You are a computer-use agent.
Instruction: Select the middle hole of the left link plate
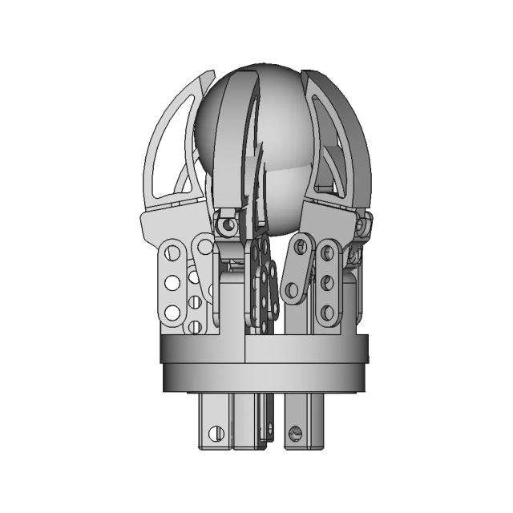click(x=172, y=283)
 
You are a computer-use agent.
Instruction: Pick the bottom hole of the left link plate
click(x=172, y=312)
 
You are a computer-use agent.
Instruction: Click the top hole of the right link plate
click(x=327, y=254)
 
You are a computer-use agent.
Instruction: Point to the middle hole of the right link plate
click(x=327, y=282)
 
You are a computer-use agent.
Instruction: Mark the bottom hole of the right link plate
click(x=327, y=311)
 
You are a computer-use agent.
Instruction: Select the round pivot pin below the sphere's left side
click(x=229, y=225)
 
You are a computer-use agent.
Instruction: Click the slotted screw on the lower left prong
click(x=215, y=434)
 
